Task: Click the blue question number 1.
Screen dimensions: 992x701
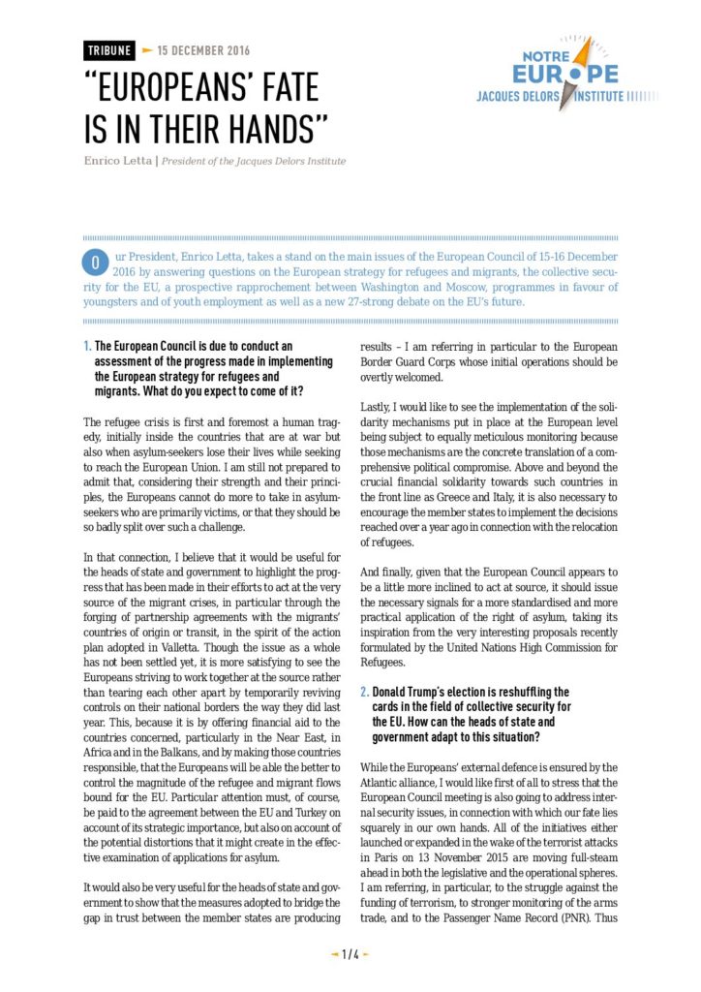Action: pyautogui.click(x=87, y=345)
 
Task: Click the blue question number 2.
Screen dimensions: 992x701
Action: pyautogui.click(x=363, y=694)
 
